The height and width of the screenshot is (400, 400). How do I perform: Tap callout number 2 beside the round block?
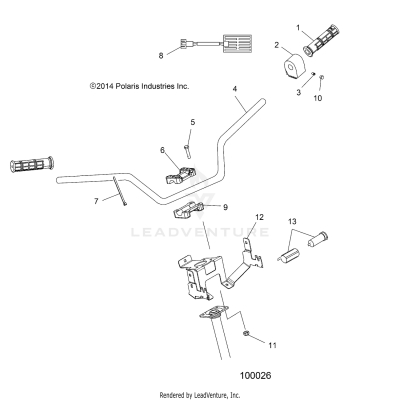tap(276, 46)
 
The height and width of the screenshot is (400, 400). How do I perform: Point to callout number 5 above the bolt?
tap(192, 121)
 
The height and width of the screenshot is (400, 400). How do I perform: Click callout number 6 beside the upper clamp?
tap(162, 150)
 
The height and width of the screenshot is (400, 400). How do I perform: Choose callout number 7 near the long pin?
tap(97, 200)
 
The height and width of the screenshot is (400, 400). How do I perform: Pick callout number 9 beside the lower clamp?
tap(225, 207)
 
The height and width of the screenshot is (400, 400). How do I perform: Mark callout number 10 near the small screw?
tap(318, 99)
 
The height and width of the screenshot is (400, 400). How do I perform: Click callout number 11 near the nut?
tap(271, 345)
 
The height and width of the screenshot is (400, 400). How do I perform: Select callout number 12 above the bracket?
tap(258, 217)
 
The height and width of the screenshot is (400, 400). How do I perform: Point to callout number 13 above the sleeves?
tap(292, 220)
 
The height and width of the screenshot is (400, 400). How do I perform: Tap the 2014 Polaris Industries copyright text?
tap(139, 86)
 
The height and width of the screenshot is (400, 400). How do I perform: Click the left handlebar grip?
tap(37, 164)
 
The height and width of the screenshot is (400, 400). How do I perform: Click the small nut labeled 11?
tap(247, 333)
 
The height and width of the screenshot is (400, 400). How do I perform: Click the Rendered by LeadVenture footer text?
tap(200, 394)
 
